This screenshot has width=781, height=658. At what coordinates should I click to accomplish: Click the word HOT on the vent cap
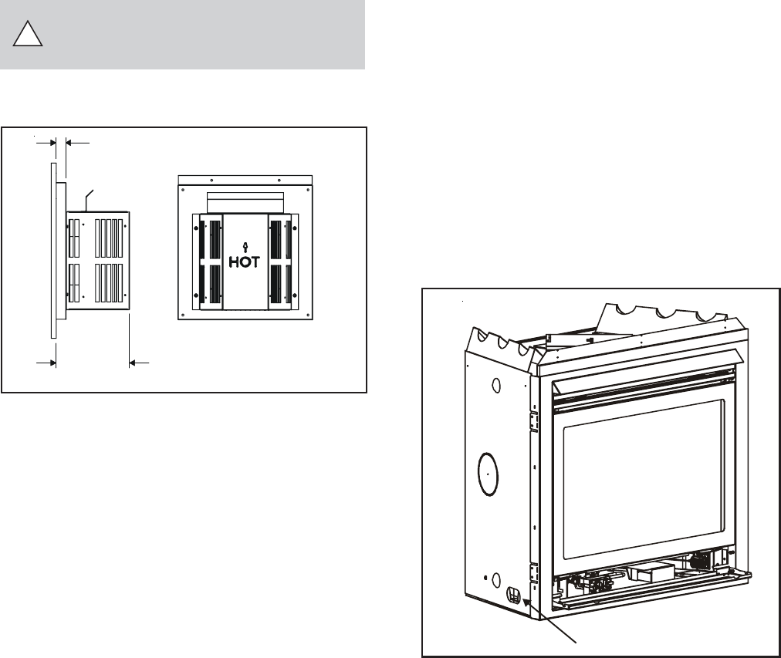(x=245, y=262)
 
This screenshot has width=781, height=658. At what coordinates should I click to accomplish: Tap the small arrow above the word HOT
(x=245, y=246)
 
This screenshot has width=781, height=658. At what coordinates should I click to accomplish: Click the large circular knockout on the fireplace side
(x=487, y=473)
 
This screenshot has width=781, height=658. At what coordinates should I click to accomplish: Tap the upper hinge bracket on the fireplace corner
(x=532, y=420)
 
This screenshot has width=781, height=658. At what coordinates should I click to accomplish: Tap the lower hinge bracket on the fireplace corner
(x=532, y=572)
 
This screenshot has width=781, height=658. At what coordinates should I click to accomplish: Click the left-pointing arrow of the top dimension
(x=71, y=142)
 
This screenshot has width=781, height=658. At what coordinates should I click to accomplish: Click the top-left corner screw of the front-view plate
(x=184, y=184)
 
